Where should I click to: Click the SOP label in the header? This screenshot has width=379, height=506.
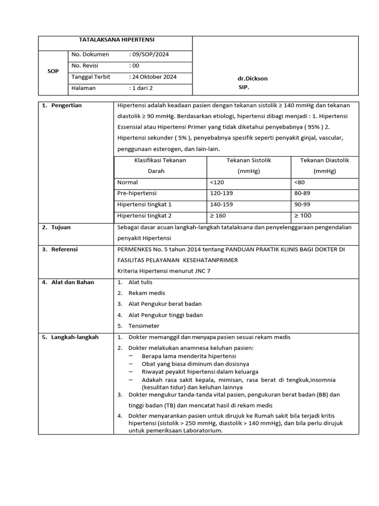click(53, 71)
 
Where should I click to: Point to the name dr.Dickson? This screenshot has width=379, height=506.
click(253, 79)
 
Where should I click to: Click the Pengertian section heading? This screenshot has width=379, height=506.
click(67, 105)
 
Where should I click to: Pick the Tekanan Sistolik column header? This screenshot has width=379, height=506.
click(249, 160)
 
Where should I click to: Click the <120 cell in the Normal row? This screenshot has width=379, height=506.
click(217, 182)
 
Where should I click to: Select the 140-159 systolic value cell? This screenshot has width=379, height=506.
click(221, 204)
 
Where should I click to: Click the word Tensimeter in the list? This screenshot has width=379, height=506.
click(144, 326)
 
